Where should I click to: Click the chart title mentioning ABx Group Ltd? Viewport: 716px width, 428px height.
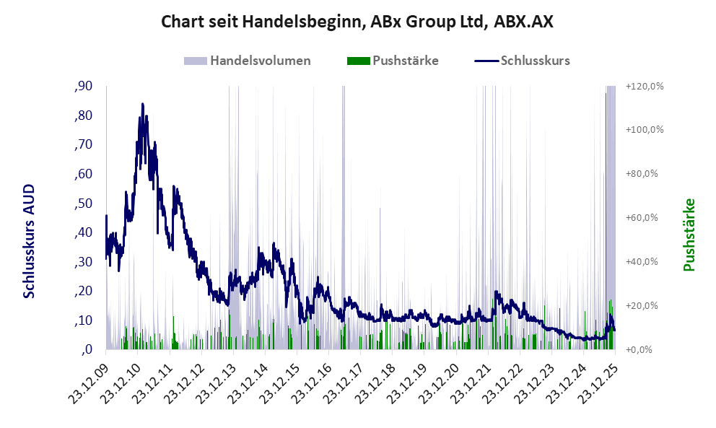(x=357, y=22)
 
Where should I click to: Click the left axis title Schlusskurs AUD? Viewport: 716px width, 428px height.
(x=30, y=241)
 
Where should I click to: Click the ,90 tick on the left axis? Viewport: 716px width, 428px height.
(x=83, y=87)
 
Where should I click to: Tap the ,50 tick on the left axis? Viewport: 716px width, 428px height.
(x=83, y=204)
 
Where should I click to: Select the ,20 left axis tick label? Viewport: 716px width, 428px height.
(x=83, y=291)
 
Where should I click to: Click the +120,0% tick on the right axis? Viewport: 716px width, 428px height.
(x=645, y=87)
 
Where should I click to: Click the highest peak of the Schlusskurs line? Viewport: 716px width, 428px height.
(x=142, y=105)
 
